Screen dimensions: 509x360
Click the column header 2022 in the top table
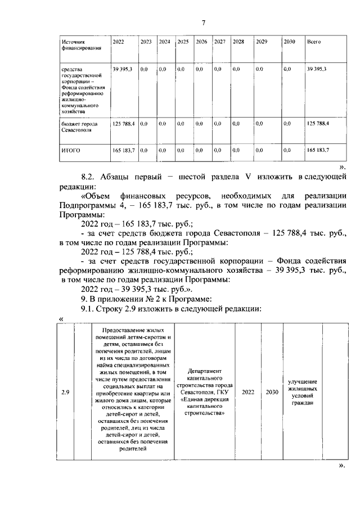119,42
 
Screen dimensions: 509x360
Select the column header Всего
313,42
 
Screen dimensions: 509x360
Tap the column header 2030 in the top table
289,42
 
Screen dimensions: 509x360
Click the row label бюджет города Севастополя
79,127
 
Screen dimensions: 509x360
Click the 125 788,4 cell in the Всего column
318,123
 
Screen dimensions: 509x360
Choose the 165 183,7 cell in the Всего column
318,150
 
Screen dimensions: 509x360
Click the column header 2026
201,42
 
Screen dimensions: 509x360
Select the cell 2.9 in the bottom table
65,392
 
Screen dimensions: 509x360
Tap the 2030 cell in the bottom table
272,392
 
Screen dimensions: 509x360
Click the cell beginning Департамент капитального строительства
206,392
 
